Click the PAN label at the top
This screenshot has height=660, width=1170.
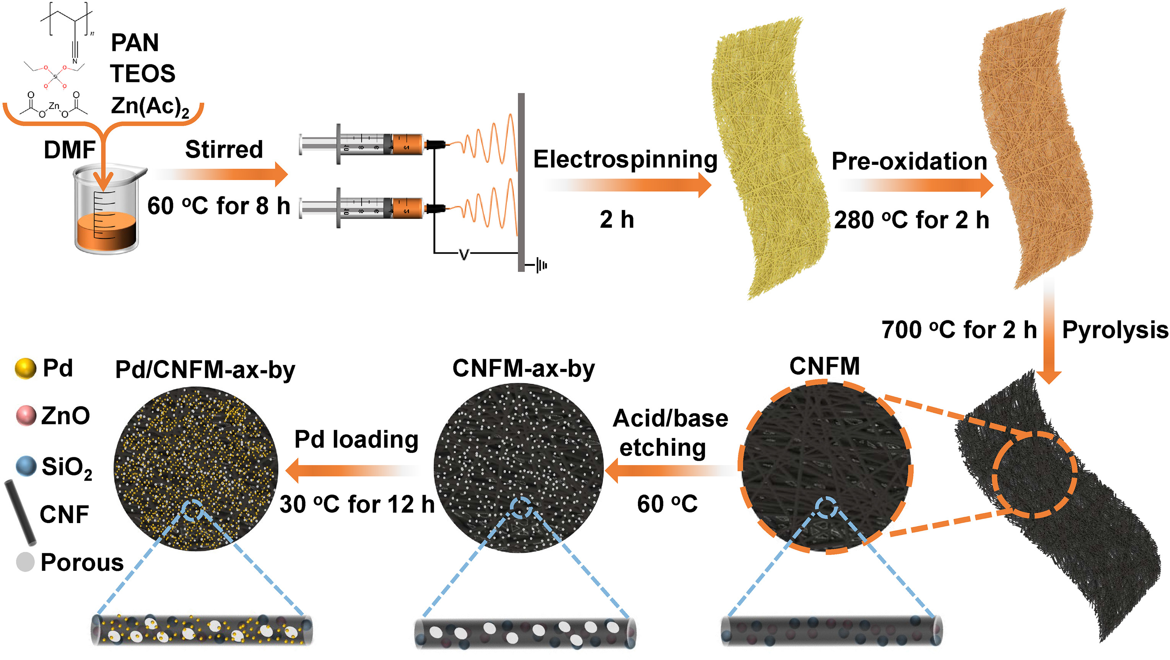pos(135,43)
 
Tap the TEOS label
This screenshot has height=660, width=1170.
pos(143,73)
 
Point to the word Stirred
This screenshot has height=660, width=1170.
pos(224,150)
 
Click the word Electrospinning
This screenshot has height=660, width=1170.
pos(625,160)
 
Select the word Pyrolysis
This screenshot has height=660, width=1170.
pos(1115,330)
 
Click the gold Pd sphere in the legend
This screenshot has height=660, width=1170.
pos(25,368)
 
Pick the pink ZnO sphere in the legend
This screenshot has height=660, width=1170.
pos(26,416)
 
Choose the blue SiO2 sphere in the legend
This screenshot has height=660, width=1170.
pos(26,466)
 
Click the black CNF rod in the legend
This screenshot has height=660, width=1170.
pos(20,512)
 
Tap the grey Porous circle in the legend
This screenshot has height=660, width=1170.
pos(25,562)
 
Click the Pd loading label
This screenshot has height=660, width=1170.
pos(356,440)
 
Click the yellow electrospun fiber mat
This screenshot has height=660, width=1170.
pos(768,159)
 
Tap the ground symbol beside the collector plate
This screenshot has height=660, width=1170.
pos(540,265)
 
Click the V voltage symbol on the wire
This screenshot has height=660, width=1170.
pos(464,254)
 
